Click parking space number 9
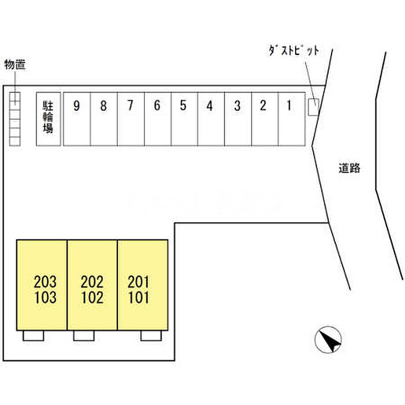[77, 119]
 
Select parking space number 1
[292, 119]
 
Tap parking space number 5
[185, 119]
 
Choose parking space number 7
[131, 119]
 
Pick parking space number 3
[238, 119]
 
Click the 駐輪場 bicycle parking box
[49, 119]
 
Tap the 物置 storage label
[15, 64]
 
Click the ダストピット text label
[294, 51]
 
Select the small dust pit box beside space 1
[314, 107]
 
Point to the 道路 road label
[349, 168]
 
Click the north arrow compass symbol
[328, 340]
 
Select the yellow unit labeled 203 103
[42, 285]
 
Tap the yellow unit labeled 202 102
[92, 285]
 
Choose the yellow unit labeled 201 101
[143, 285]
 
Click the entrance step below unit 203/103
[34, 336]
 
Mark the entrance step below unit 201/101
[152, 336]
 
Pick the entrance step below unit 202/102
[84, 336]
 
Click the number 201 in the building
[139, 282]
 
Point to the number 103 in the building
[45, 297]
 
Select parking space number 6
[157, 119]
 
